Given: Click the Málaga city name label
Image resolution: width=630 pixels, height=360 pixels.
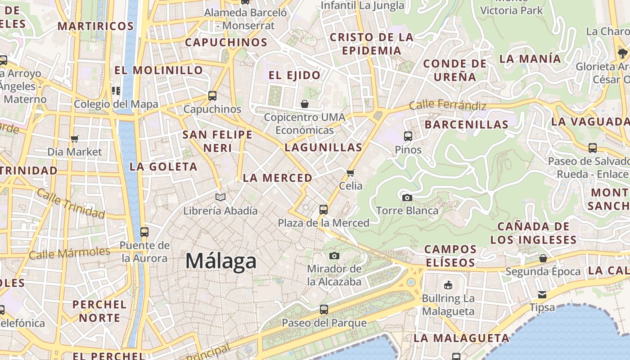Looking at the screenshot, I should point(221,261).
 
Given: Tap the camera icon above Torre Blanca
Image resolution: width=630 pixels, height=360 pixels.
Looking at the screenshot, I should point(407,198).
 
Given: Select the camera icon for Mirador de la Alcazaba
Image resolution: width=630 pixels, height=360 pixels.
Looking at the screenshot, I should point(334,256).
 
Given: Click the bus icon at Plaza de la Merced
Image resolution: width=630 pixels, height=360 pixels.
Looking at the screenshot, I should point(323,209).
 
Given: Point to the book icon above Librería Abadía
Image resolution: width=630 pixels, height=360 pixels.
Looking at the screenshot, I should point(220,197).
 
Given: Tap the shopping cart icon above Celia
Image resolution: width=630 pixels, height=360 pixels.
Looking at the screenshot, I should point(351,173).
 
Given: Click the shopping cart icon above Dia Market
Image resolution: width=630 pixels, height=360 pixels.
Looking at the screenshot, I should point(75,139).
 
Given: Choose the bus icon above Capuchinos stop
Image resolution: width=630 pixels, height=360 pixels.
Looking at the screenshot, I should point(212,96).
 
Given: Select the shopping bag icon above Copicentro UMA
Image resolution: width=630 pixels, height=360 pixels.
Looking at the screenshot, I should point(305,104).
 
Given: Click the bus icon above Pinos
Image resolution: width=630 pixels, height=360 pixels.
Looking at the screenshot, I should point(408,136).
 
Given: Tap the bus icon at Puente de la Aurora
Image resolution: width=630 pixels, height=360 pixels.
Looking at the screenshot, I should point(144,232).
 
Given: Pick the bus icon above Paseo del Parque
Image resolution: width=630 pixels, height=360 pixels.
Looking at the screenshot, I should point(324,310).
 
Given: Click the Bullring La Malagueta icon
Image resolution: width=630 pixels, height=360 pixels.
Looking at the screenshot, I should point(448,285).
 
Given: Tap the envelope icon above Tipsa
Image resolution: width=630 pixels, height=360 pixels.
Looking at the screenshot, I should point(542,295).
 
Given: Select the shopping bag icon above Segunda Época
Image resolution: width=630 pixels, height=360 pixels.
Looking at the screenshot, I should point(543,258).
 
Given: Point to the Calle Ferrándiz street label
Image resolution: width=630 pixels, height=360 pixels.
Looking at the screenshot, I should point(448,106).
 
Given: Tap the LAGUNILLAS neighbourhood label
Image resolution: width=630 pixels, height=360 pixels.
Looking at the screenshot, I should point(324,147).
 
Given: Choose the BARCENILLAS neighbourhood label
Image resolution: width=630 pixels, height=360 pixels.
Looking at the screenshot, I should point(467,124).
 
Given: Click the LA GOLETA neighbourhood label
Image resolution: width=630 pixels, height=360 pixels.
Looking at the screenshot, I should point(163,166).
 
